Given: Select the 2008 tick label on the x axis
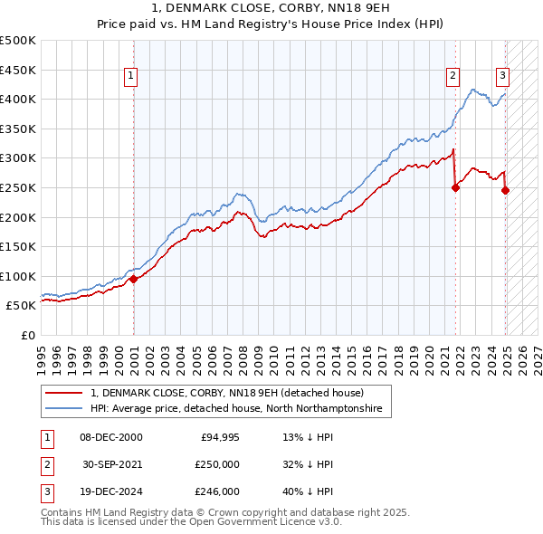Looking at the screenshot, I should coord(243,354).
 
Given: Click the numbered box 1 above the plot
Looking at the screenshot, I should coord(132,77).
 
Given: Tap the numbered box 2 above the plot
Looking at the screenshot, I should coord(452,77).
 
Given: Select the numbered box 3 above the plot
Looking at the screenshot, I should coord(502,77).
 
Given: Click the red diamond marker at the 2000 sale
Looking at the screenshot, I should coord(134,279).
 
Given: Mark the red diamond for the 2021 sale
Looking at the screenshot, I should coord(456,187).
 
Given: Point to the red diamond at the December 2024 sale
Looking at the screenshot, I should coord(506,190).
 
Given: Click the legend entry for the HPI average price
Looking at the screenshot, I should coord(236,409).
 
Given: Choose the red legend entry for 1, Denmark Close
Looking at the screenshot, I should coord(226,393).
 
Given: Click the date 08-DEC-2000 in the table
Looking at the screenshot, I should coord(111,438).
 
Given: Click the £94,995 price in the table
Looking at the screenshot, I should coord(219,438).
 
